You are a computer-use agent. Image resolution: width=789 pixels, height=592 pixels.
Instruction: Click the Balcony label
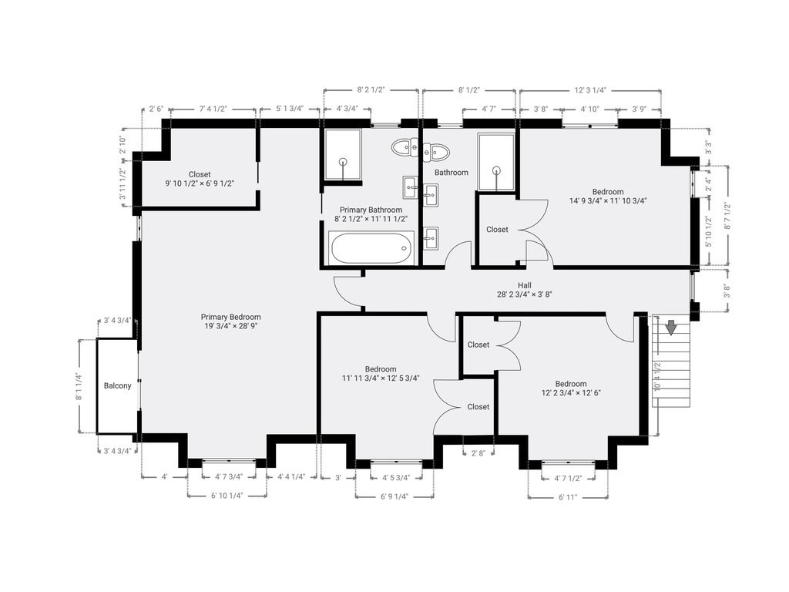(x=117, y=385)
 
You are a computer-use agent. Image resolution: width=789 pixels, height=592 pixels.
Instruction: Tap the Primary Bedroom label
(x=231, y=317)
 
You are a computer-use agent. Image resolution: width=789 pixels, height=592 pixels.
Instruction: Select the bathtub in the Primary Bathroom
(x=371, y=248)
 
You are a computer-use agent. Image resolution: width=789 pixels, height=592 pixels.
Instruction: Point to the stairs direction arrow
(x=671, y=327)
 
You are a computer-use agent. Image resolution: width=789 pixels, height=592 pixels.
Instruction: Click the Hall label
(x=524, y=285)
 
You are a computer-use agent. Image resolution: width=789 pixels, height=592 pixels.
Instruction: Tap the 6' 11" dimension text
(x=568, y=497)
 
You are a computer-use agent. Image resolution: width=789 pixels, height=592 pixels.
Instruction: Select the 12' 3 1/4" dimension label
(x=590, y=90)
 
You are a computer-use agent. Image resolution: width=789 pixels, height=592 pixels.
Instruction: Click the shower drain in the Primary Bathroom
(x=343, y=162)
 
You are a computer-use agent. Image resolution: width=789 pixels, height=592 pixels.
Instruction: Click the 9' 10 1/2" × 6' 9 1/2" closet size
(x=200, y=183)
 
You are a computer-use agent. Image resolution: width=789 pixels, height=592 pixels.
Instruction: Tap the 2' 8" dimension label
(x=478, y=453)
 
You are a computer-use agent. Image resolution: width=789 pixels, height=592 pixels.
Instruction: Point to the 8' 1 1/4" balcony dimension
(x=78, y=386)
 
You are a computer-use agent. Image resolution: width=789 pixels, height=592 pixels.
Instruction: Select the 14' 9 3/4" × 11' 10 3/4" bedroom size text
(x=608, y=200)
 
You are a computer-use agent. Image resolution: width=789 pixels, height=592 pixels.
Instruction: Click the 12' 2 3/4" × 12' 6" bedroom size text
(x=571, y=392)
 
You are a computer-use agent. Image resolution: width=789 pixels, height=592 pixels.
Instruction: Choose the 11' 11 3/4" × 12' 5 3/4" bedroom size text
(x=381, y=378)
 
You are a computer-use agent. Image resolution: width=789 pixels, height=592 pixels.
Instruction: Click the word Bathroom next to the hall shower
(x=452, y=172)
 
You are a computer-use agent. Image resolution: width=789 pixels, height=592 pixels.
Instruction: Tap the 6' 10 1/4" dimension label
(x=227, y=496)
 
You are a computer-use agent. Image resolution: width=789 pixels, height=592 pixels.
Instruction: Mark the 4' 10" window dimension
(x=589, y=109)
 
